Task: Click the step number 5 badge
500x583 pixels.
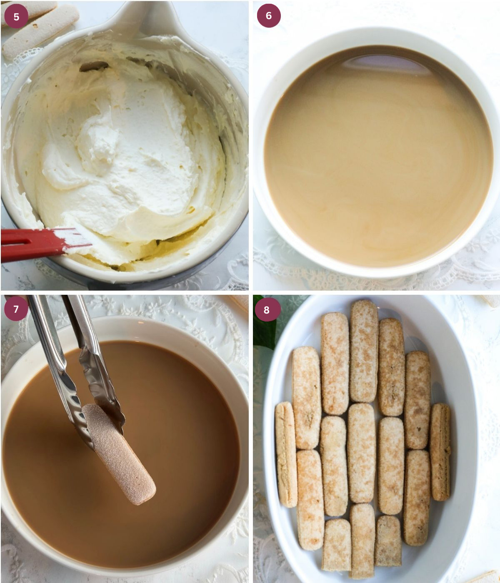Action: tap(16, 17)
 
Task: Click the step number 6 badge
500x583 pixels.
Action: tap(268, 16)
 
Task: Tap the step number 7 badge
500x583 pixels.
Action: tap(16, 309)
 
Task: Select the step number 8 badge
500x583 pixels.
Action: tap(267, 310)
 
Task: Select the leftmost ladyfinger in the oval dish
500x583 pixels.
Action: tap(286, 454)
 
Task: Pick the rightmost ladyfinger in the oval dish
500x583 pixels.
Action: tap(440, 452)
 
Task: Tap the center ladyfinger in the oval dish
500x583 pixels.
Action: tap(362, 453)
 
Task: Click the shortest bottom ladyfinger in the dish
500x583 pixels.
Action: tap(388, 541)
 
